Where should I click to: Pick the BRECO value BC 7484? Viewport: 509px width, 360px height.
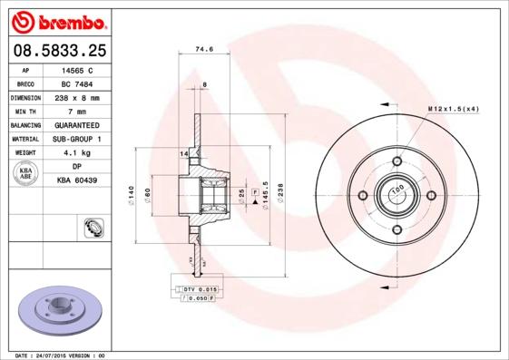77,83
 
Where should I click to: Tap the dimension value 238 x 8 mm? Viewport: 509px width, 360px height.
77,96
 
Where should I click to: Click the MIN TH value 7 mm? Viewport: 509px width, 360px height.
77,111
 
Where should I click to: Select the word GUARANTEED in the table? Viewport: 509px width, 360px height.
77,124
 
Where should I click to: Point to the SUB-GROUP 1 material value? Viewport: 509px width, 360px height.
77,139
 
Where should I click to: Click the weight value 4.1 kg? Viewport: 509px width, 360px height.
77,153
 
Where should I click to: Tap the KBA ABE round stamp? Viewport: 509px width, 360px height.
25,173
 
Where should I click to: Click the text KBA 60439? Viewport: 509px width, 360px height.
77,181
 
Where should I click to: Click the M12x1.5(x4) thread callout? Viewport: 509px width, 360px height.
453,109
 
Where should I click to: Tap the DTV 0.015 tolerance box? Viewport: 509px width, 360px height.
193,288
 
